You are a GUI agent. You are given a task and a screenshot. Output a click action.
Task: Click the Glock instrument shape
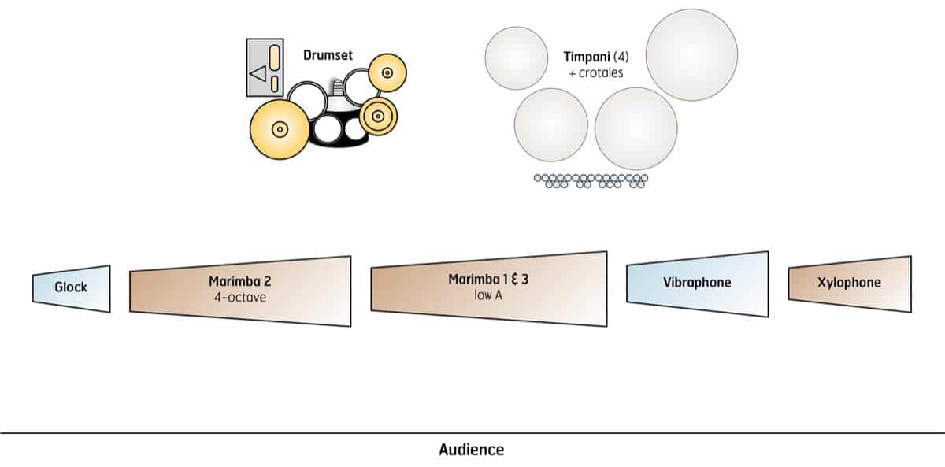click(x=71, y=288)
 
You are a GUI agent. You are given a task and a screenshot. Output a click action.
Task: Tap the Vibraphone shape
click(x=697, y=284)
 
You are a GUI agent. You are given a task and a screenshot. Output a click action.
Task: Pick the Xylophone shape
click(x=849, y=284)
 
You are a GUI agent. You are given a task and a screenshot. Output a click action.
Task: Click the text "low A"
click(x=487, y=295)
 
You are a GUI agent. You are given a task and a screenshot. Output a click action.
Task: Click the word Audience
click(x=471, y=450)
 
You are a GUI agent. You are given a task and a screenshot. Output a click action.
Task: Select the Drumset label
click(x=328, y=56)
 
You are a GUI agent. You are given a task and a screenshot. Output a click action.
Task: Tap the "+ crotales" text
click(x=595, y=72)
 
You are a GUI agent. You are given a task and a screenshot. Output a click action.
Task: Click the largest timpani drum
click(x=691, y=54)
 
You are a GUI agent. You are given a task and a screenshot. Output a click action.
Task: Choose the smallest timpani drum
click(x=516, y=57)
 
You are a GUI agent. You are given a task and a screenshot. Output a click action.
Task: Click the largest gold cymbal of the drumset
click(x=279, y=128)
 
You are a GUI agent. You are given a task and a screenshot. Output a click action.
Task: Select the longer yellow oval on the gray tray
click(x=275, y=59)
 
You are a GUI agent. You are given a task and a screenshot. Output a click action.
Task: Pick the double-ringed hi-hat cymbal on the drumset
click(x=378, y=117)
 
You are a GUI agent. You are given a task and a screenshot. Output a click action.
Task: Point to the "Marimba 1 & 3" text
click(x=487, y=280)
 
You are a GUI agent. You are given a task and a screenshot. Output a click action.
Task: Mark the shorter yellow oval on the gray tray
click(x=275, y=83)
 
